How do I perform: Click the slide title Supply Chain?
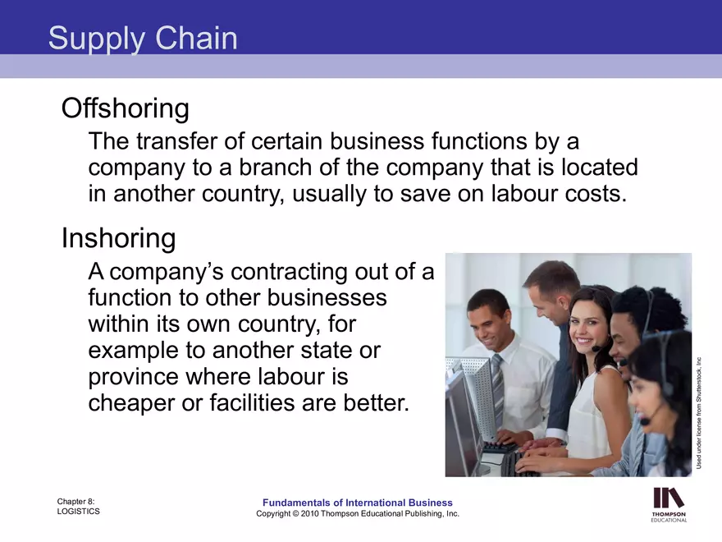[x=143, y=39]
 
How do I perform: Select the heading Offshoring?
[x=126, y=108]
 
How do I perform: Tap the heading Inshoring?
[x=119, y=238]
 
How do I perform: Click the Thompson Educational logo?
[x=669, y=504]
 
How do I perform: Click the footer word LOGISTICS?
[x=79, y=511]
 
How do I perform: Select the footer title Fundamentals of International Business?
[x=357, y=503]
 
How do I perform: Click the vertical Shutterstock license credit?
[x=700, y=411]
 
